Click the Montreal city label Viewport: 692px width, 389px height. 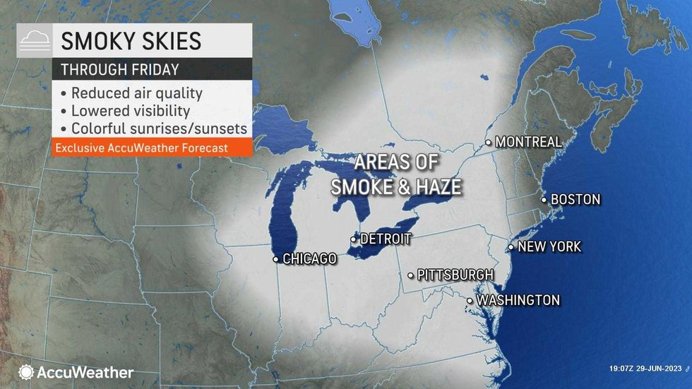point(528,142)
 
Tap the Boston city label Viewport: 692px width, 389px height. point(575,200)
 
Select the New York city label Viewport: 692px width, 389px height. point(549,247)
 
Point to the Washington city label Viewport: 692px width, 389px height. point(518,301)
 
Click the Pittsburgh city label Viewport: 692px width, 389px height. point(455,275)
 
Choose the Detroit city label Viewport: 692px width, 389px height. point(385,239)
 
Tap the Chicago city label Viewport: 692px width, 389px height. point(309,259)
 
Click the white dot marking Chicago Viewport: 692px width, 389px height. point(275,260)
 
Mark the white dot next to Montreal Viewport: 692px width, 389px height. point(488,143)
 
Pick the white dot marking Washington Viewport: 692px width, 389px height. point(470,301)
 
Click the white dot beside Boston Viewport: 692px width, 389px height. point(544,201)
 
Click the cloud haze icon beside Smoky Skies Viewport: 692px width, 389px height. point(34,41)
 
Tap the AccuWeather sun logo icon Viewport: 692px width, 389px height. point(26,372)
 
